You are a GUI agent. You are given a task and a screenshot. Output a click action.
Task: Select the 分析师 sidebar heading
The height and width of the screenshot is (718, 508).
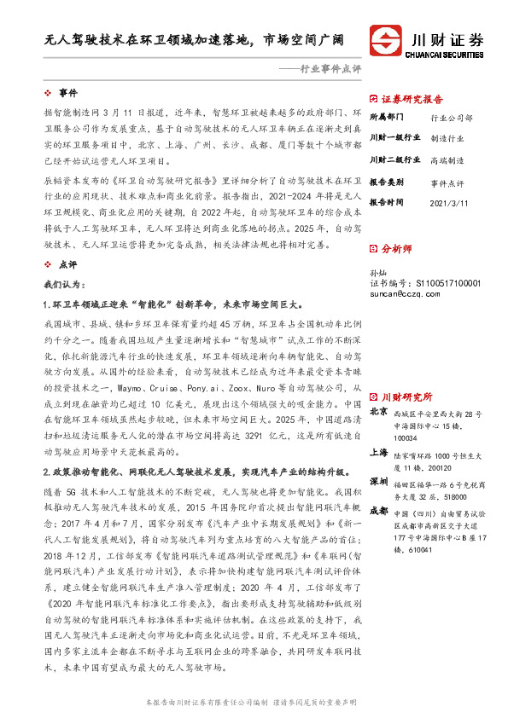point(396,248)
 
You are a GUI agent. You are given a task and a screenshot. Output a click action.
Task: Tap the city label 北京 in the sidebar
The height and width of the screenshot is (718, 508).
point(378,412)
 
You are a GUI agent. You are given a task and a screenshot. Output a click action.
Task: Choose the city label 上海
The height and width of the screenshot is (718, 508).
point(378,453)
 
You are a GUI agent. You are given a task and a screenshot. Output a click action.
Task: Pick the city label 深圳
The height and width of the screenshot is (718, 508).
point(378,482)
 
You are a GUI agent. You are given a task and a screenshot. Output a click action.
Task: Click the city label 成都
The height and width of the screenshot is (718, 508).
point(378,510)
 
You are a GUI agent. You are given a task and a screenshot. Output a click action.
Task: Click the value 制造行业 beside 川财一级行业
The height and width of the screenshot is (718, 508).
point(447,137)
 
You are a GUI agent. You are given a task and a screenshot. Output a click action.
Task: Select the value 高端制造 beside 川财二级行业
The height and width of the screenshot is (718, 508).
point(447,160)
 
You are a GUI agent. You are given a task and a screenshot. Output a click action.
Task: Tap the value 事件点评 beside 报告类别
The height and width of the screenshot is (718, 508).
point(447,182)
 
